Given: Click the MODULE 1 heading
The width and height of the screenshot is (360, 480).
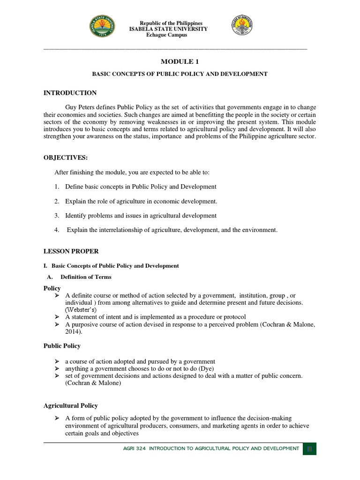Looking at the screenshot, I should pyautogui.click(x=176, y=62).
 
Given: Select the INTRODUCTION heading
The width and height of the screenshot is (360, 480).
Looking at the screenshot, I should pyautogui.click(x=70, y=93).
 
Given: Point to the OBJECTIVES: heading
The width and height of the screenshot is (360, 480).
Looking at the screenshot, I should pyautogui.click(x=66, y=157).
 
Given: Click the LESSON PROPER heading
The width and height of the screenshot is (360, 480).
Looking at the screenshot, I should pyautogui.click(x=71, y=252).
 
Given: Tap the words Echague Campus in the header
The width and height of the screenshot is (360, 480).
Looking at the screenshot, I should pyautogui.click(x=167, y=35).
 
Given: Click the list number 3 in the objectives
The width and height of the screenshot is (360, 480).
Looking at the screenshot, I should pyautogui.click(x=56, y=216).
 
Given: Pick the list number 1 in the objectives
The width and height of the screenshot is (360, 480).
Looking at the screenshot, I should pyautogui.click(x=56, y=187).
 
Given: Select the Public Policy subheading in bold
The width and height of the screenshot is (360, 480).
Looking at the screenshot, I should pyautogui.click(x=62, y=346).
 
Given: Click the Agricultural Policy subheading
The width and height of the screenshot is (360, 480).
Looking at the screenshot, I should pyautogui.click(x=71, y=405).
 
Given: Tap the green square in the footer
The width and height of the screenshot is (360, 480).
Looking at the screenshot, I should pyautogui.click(x=309, y=449).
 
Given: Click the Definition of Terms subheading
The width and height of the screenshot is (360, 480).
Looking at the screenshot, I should pyautogui.click(x=86, y=277).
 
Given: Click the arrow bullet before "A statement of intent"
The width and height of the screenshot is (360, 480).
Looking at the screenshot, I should pyautogui.click(x=57, y=317).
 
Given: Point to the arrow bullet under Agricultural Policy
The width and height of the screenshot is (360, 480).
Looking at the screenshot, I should pyautogui.click(x=57, y=418).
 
